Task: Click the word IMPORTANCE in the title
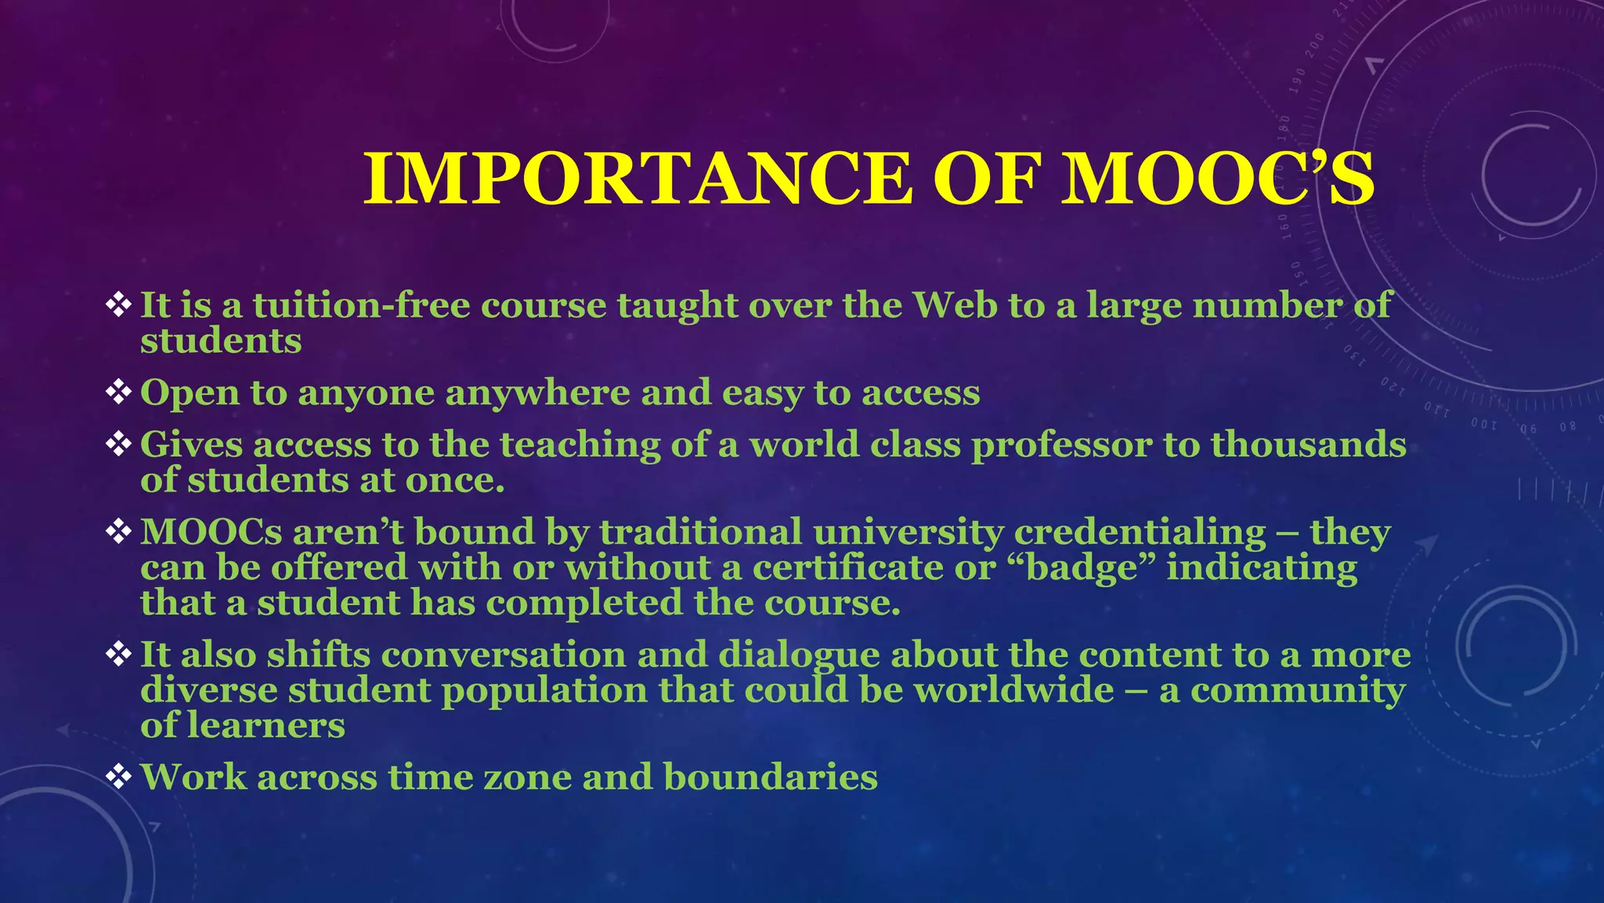[x=638, y=179]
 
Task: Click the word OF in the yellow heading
[x=986, y=179]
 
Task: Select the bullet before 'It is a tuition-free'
[x=118, y=305]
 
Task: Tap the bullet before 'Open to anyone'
[x=118, y=392]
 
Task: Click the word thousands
[x=1308, y=444]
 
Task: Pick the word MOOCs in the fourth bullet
[x=211, y=531]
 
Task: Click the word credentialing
[x=1140, y=531]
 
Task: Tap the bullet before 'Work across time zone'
[x=118, y=777]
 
